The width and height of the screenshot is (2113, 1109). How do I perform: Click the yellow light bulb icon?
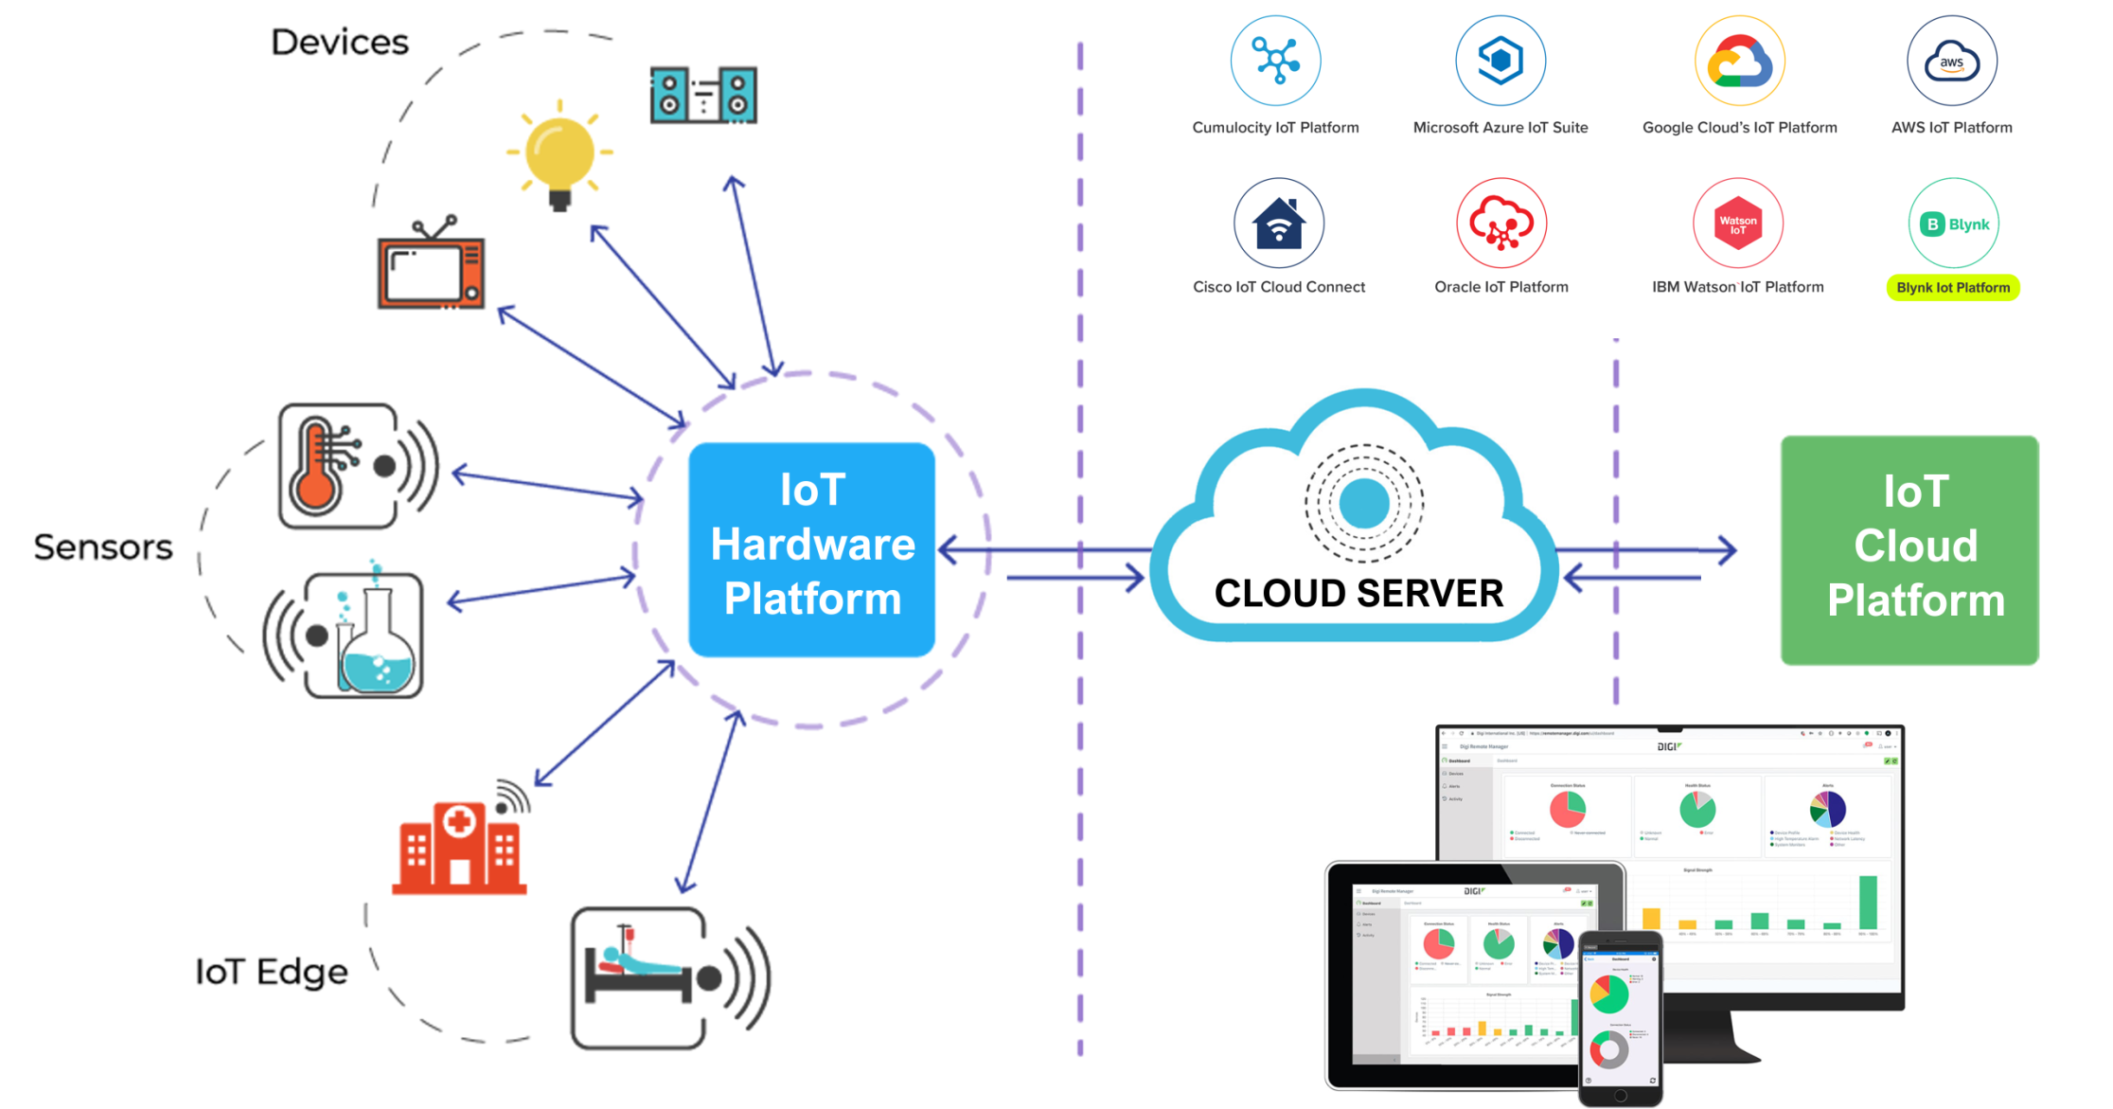tap(559, 154)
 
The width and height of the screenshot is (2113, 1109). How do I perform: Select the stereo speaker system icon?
tap(703, 96)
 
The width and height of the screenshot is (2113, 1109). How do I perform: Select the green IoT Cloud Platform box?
tap(1909, 549)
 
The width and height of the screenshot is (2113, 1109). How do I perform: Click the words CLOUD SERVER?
tap(1358, 594)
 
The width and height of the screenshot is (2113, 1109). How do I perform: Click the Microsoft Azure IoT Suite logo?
tap(1500, 62)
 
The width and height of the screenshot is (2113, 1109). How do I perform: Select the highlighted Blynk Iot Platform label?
tap(1953, 288)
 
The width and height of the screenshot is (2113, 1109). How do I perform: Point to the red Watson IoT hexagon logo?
tap(1737, 224)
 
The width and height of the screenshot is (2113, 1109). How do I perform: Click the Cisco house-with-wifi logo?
tap(1278, 224)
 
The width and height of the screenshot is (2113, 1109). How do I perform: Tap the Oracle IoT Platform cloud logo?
tap(1500, 224)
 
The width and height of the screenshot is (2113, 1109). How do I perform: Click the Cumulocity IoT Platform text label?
tap(1275, 128)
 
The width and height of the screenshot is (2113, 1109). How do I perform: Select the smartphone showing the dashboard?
tap(1620, 1019)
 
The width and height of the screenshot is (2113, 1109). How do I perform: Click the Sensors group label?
tap(103, 547)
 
